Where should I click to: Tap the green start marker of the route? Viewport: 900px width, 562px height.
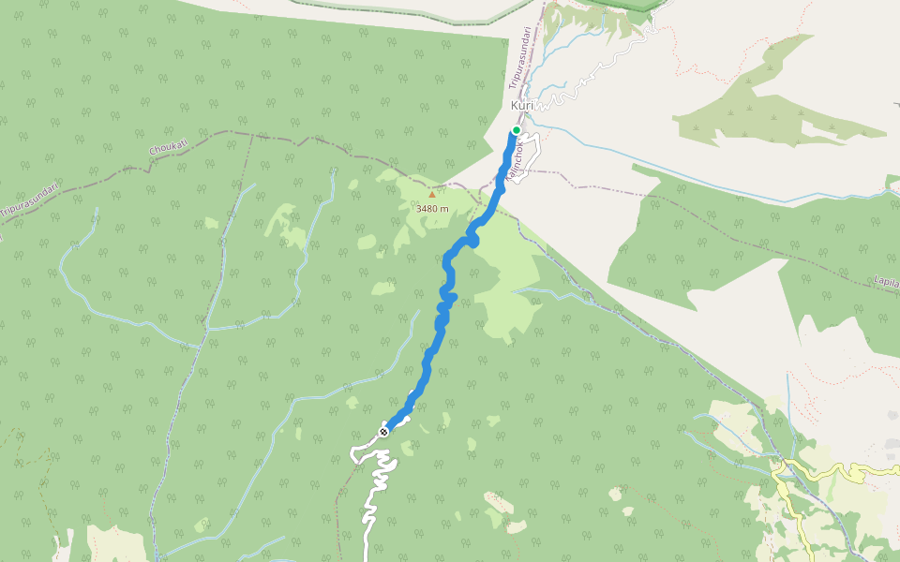click(516, 130)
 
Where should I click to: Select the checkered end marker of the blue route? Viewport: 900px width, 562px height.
click(383, 431)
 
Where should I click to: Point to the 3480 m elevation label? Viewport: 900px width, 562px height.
click(432, 208)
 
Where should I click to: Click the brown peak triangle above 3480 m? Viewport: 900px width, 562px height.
click(431, 195)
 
